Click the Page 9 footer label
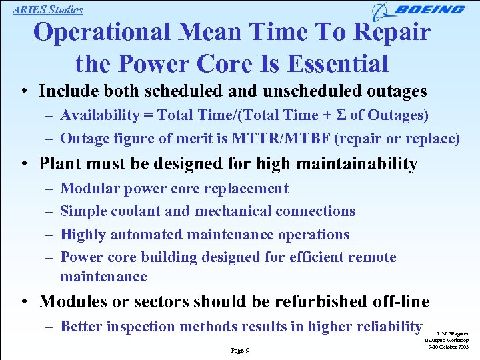tap(240, 349)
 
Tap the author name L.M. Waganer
tap(453, 333)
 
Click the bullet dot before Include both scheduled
tap(23, 91)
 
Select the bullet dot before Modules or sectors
tap(23, 302)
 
